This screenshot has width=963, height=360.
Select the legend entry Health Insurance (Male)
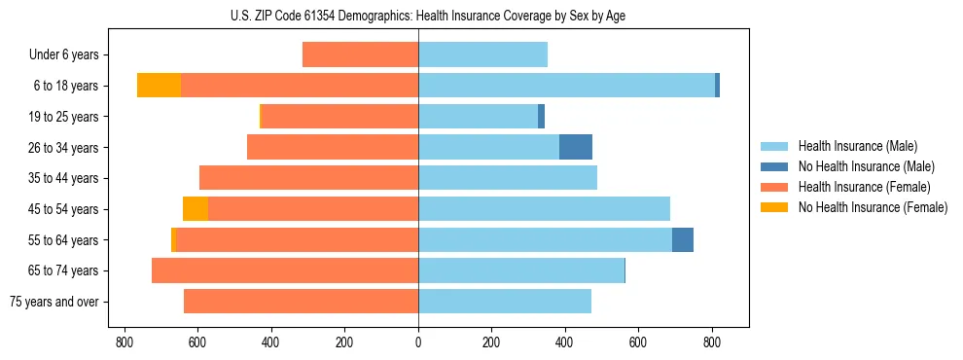click(857, 146)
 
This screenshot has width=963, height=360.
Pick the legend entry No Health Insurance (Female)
click(873, 207)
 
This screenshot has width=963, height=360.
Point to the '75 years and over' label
click(54, 302)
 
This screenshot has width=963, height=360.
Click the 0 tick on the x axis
click(418, 342)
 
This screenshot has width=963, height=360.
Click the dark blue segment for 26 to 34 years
click(576, 147)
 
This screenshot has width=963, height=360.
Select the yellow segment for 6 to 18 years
click(159, 86)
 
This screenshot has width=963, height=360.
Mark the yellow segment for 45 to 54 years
click(196, 209)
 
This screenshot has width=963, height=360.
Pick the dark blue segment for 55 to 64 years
click(683, 239)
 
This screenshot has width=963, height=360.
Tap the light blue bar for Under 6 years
click(482, 54)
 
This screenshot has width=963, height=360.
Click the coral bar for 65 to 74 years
click(285, 270)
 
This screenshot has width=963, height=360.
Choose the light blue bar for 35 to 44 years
click(508, 178)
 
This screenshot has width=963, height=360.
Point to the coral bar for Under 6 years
click(361, 54)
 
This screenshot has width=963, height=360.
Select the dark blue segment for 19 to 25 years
click(541, 117)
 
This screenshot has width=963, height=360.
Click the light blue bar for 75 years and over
click(505, 302)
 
